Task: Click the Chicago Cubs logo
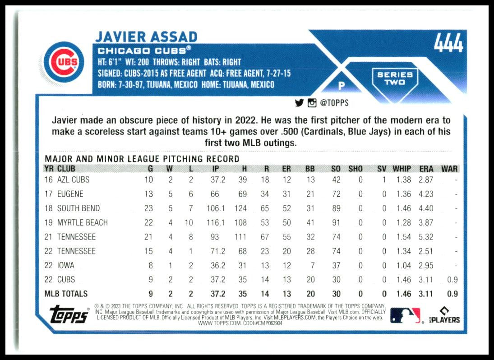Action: point(65,62)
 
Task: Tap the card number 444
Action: point(448,43)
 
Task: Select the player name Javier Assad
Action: point(146,37)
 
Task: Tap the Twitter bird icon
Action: point(299,103)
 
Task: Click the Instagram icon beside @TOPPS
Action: point(312,103)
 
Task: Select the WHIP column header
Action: point(402,169)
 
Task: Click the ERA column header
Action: point(426,169)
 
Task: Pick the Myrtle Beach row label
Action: point(82,222)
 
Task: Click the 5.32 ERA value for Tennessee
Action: point(426,237)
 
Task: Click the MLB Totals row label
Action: point(66,294)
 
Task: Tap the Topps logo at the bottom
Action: point(69,314)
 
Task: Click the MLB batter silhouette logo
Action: point(405,315)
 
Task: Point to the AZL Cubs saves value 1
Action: point(383,180)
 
